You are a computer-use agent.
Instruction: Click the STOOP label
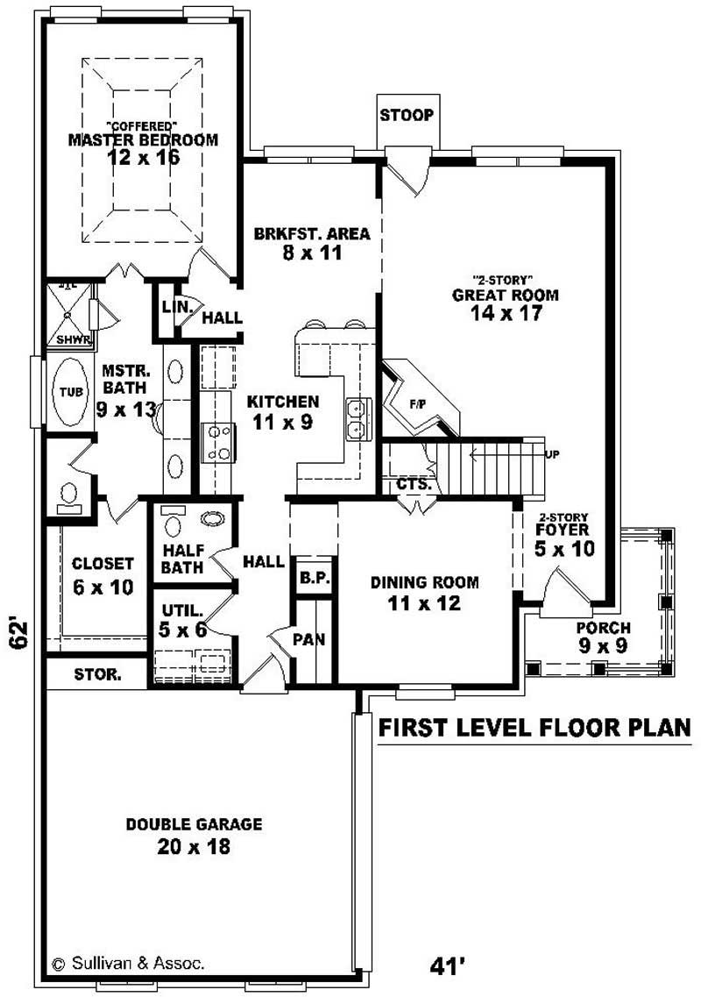pyautogui.click(x=406, y=116)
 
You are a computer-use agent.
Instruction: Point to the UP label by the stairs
pyautogui.click(x=552, y=454)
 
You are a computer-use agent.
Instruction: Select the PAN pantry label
pyautogui.click(x=309, y=639)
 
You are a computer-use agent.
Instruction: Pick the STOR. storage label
pyautogui.click(x=96, y=675)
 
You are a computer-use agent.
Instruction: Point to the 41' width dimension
pyautogui.click(x=446, y=965)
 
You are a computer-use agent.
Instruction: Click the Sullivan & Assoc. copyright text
pyautogui.click(x=128, y=963)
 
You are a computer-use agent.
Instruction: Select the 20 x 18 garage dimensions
pyautogui.click(x=195, y=846)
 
